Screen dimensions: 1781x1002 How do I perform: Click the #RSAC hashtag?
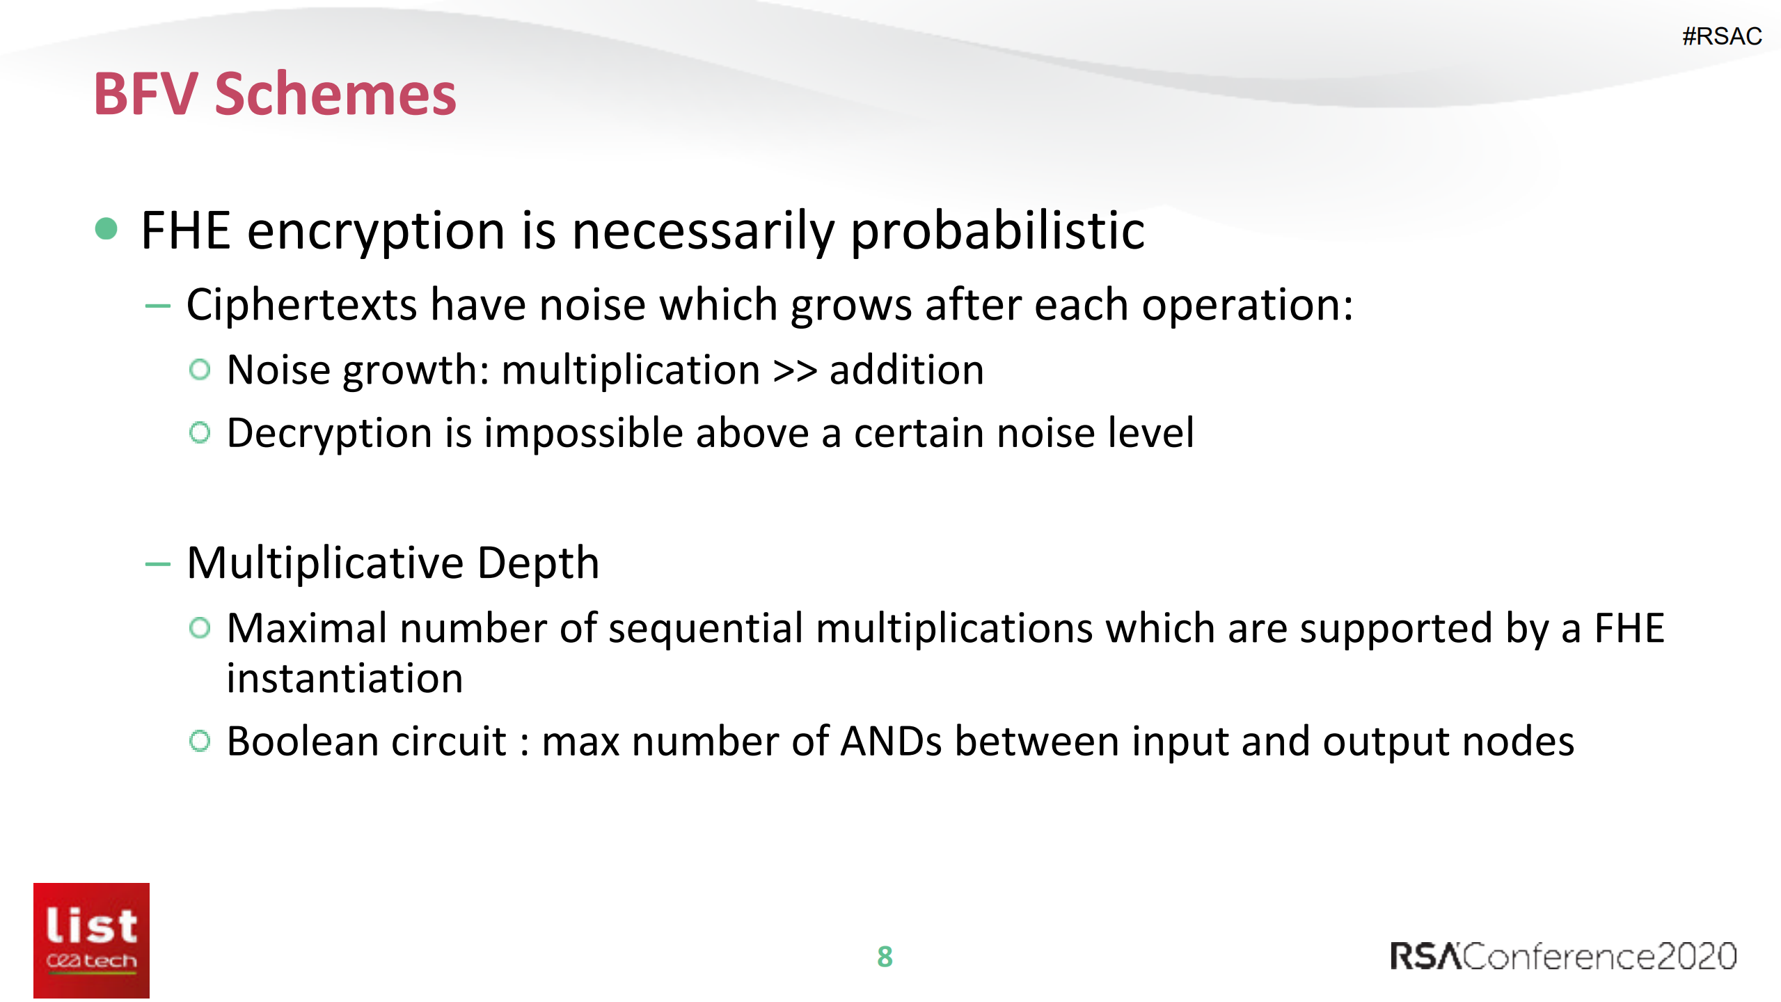click(x=1722, y=36)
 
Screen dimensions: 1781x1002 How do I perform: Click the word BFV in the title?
click(x=146, y=94)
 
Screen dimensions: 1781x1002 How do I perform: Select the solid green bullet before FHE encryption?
click(x=106, y=228)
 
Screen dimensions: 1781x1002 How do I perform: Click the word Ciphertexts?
click(x=301, y=305)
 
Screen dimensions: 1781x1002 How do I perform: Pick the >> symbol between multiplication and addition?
click(x=795, y=370)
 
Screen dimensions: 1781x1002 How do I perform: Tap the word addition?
click(x=907, y=369)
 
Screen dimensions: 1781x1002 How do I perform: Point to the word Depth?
click(x=538, y=563)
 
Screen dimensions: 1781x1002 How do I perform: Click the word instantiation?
click(x=345, y=678)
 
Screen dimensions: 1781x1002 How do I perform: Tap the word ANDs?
click(x=891, y=741)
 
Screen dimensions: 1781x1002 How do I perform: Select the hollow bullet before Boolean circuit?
click(x=199, y=740)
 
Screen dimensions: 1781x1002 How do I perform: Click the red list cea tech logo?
click(x=91, y=940)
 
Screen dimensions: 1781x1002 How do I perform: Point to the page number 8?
click(x=885, y=957)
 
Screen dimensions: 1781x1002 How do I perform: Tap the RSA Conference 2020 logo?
click(x=1563, y=956)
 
